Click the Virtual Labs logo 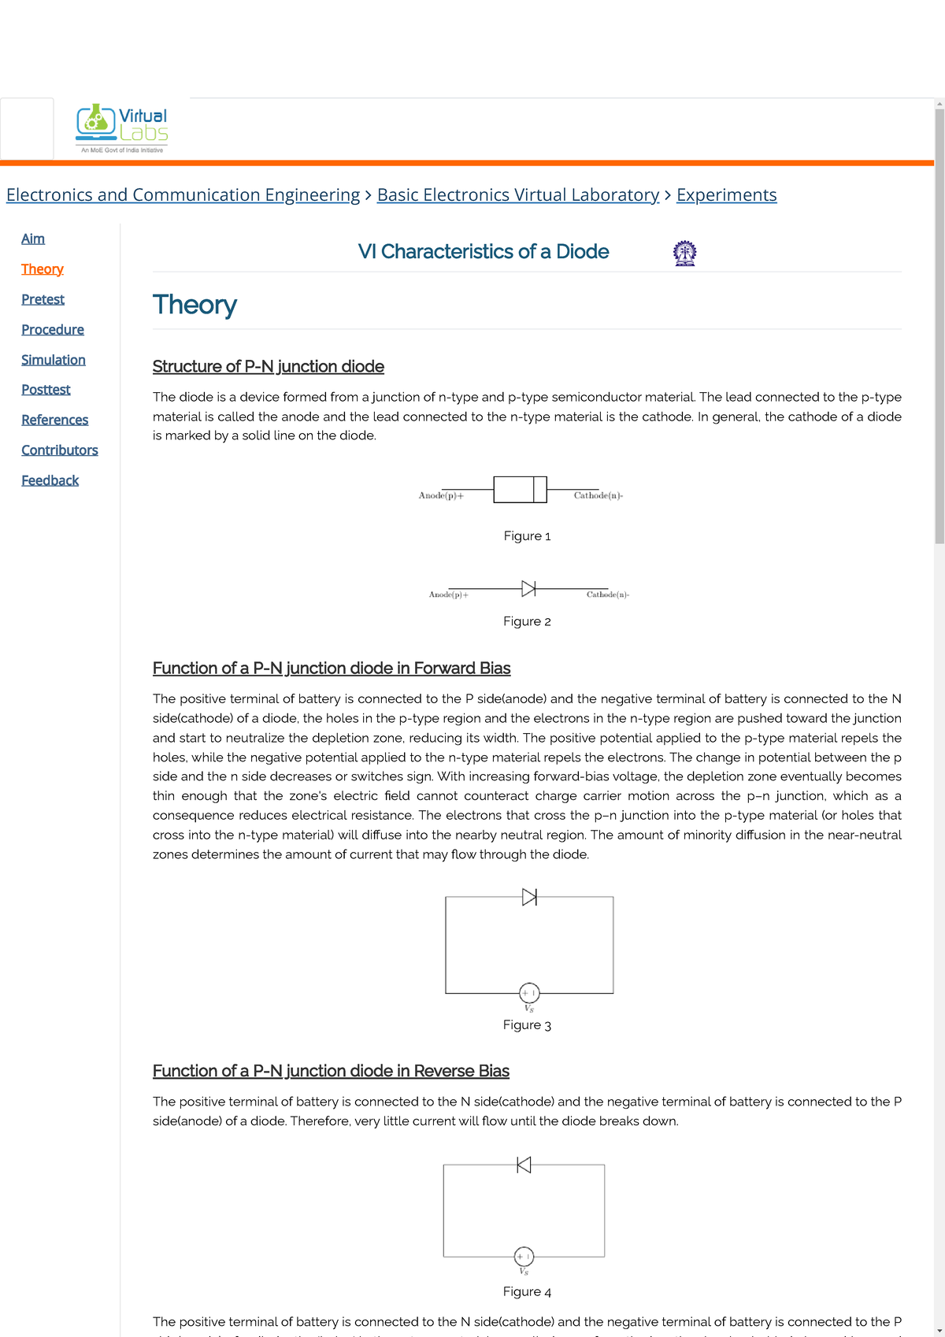pyautogui.click(x=122, y=128)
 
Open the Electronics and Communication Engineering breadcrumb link pyautogui.click(x=183, y=194)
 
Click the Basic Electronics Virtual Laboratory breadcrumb pyautogui.click(x=517, y=194)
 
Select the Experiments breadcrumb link pyautogui.click(x=726, y=194)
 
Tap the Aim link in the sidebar pyautogui.click(x=33, y=239)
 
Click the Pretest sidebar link pyautogui.click(x=43, y=299)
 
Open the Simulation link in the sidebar pyautogui.click(x=53, y=360)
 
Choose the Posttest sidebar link pyautogui.click(x=46, y=390)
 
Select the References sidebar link pyautogui.click(x=54, y=420)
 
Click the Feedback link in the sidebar pyautogui.click(x=50, y=480)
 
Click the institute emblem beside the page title pyautogui.click(x=684, y=253)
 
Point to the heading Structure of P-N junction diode pyautogui.click(x=268, y=366)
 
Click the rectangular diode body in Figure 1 pyautogui.click(x=520, y=489)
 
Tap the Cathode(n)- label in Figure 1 pyautogui.click(x=598, y=495)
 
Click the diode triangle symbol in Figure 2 pyautogui.click(x=528, y=588)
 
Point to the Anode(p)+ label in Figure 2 pyautogui.click(x=448, y=594)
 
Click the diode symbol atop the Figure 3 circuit pyautogui.click(x=529, y=896)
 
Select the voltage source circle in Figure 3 pyautogui.click(x=529, y=993)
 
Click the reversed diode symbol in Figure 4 pyautogui.click(x=524, y=1165)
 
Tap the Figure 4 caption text pyautogui.click(x=527, y=1291)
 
